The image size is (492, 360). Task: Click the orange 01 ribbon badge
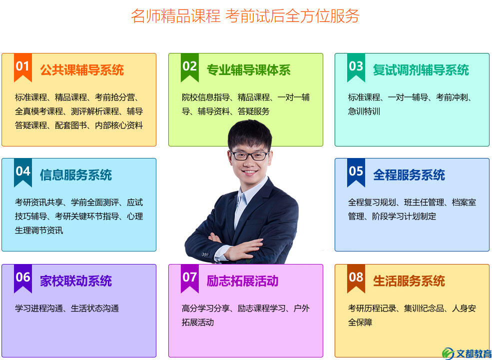[23, 67]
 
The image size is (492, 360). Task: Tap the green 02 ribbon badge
[189, 67]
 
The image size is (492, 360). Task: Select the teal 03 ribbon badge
[356, 67]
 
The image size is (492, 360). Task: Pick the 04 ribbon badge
[23, 172]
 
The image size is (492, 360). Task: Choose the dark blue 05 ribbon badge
[356, 172]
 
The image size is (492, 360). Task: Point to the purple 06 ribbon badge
[23, 278]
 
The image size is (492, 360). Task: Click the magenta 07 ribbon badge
[189, 278]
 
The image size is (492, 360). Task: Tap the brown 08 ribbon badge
[356, 278]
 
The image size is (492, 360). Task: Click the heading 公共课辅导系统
[82, 70]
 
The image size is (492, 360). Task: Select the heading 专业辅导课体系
[249, 70]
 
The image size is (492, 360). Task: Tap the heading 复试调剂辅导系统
[421, 70]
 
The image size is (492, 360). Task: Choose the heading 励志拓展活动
[243, 281]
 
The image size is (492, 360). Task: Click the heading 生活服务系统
[409, 281]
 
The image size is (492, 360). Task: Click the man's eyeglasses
[250, 155]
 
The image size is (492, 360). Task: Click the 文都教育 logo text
[474, 353]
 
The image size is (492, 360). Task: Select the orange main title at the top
[245, 15]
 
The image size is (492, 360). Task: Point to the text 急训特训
[364, 111]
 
